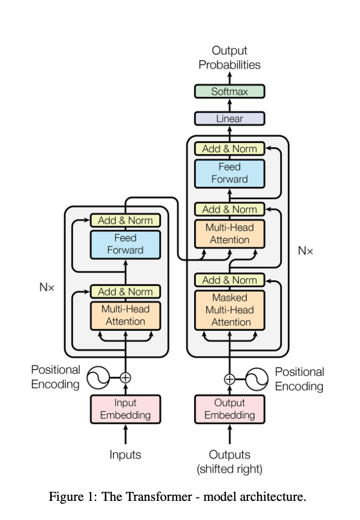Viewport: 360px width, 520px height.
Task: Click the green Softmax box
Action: (x=229, y=91)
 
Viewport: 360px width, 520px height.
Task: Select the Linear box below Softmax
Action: (x=229, y=119)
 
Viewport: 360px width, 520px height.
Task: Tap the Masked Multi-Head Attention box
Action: (x=229, y=310)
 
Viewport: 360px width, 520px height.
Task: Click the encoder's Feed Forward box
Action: (x=125, y=244)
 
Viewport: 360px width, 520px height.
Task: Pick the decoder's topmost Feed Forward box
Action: (x=229, y=173)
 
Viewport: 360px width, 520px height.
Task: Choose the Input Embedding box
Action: (x=125, y=409)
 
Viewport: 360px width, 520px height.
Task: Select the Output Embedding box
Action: (x=229, y=409)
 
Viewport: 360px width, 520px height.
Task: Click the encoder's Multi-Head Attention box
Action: (x=125, y=315)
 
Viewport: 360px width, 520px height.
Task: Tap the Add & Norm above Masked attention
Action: (x=229, y=280)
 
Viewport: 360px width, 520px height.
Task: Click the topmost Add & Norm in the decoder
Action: (x=229, y=149)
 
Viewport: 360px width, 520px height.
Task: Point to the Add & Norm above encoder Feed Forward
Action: (x=125, y=220)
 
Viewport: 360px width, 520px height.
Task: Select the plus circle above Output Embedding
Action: (x=229, y=379)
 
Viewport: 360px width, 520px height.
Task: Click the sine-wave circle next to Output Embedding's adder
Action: (x=258, y=379)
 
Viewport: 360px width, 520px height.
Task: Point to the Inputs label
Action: (x=125, y=455)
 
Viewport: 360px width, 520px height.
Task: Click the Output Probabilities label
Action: (x=229, y=57)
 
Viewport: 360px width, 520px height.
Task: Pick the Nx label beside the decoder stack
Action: (x=305, y=251)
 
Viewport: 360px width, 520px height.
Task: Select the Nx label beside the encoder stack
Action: (x=47, y=287)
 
